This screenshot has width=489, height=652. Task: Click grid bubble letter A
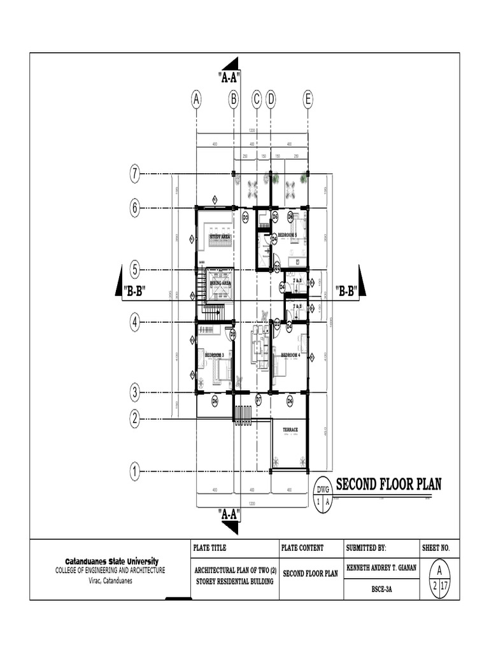tap(197, 99)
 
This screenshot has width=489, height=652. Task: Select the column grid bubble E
tap(308, 99)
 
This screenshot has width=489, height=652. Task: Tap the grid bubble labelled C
tap(256, 99)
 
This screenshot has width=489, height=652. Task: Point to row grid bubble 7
tap(135, 173)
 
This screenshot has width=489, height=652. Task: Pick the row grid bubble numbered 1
tap(135, 472)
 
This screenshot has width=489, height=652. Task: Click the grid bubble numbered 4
tap(135, 323)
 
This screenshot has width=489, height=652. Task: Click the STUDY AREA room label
tap(219, 236)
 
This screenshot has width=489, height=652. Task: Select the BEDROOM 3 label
tap(214, 354)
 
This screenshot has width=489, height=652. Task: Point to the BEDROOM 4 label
tap(290, 354)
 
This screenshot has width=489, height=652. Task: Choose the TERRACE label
tap(290, 430)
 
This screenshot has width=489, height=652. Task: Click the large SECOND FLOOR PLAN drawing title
tap(388, 485)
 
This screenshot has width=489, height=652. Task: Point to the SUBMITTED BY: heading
tap(366, 548)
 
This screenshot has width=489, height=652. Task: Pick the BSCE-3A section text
tap(381, 590)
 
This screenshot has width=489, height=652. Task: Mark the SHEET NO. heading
tap(436, 548)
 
